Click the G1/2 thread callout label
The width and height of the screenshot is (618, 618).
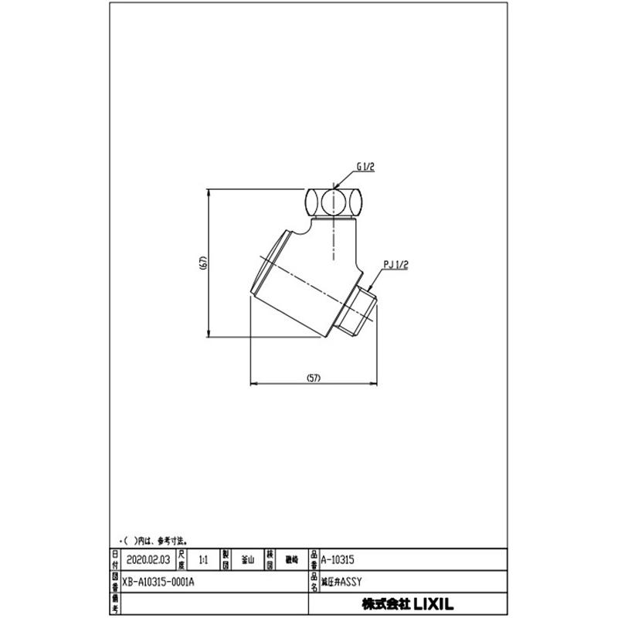pyautogui.click(x=366, y=165)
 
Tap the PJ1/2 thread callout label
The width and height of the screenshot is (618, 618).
pyautogui.click(x=396, y=264)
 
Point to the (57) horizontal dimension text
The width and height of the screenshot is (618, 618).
pyautogui.click(x=313, y=378)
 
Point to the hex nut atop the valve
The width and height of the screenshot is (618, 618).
pyautogui.click(x=334, y=202)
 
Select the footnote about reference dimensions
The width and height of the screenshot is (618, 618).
pyautogui.click(x=154, y=541)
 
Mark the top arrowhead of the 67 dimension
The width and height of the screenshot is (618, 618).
pyautogui.click(x=211, y=190)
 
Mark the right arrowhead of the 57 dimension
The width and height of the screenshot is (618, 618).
pyautogui.click(x=377, y=384)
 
